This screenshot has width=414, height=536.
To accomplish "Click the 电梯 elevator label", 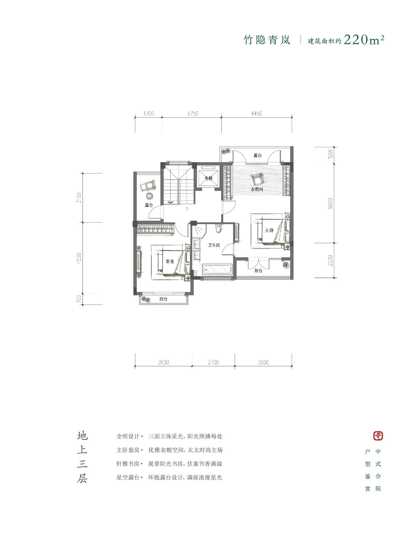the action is (208, 178).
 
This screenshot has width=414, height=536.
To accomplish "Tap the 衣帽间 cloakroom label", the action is (256, 189).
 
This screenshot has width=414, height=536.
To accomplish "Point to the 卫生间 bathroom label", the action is (214, 245).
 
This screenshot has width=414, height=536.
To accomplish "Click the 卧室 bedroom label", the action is (170, 262).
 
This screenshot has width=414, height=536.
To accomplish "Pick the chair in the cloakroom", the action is (257, 179).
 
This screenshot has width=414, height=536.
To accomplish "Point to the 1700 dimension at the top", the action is (148, 113).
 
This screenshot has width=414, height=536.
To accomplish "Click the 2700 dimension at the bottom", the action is (213, 362).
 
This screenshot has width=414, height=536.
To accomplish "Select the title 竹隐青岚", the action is (267, 40).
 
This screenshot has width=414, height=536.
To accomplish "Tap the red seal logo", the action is (378, 436).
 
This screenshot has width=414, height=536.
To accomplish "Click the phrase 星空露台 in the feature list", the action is (128, 477).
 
